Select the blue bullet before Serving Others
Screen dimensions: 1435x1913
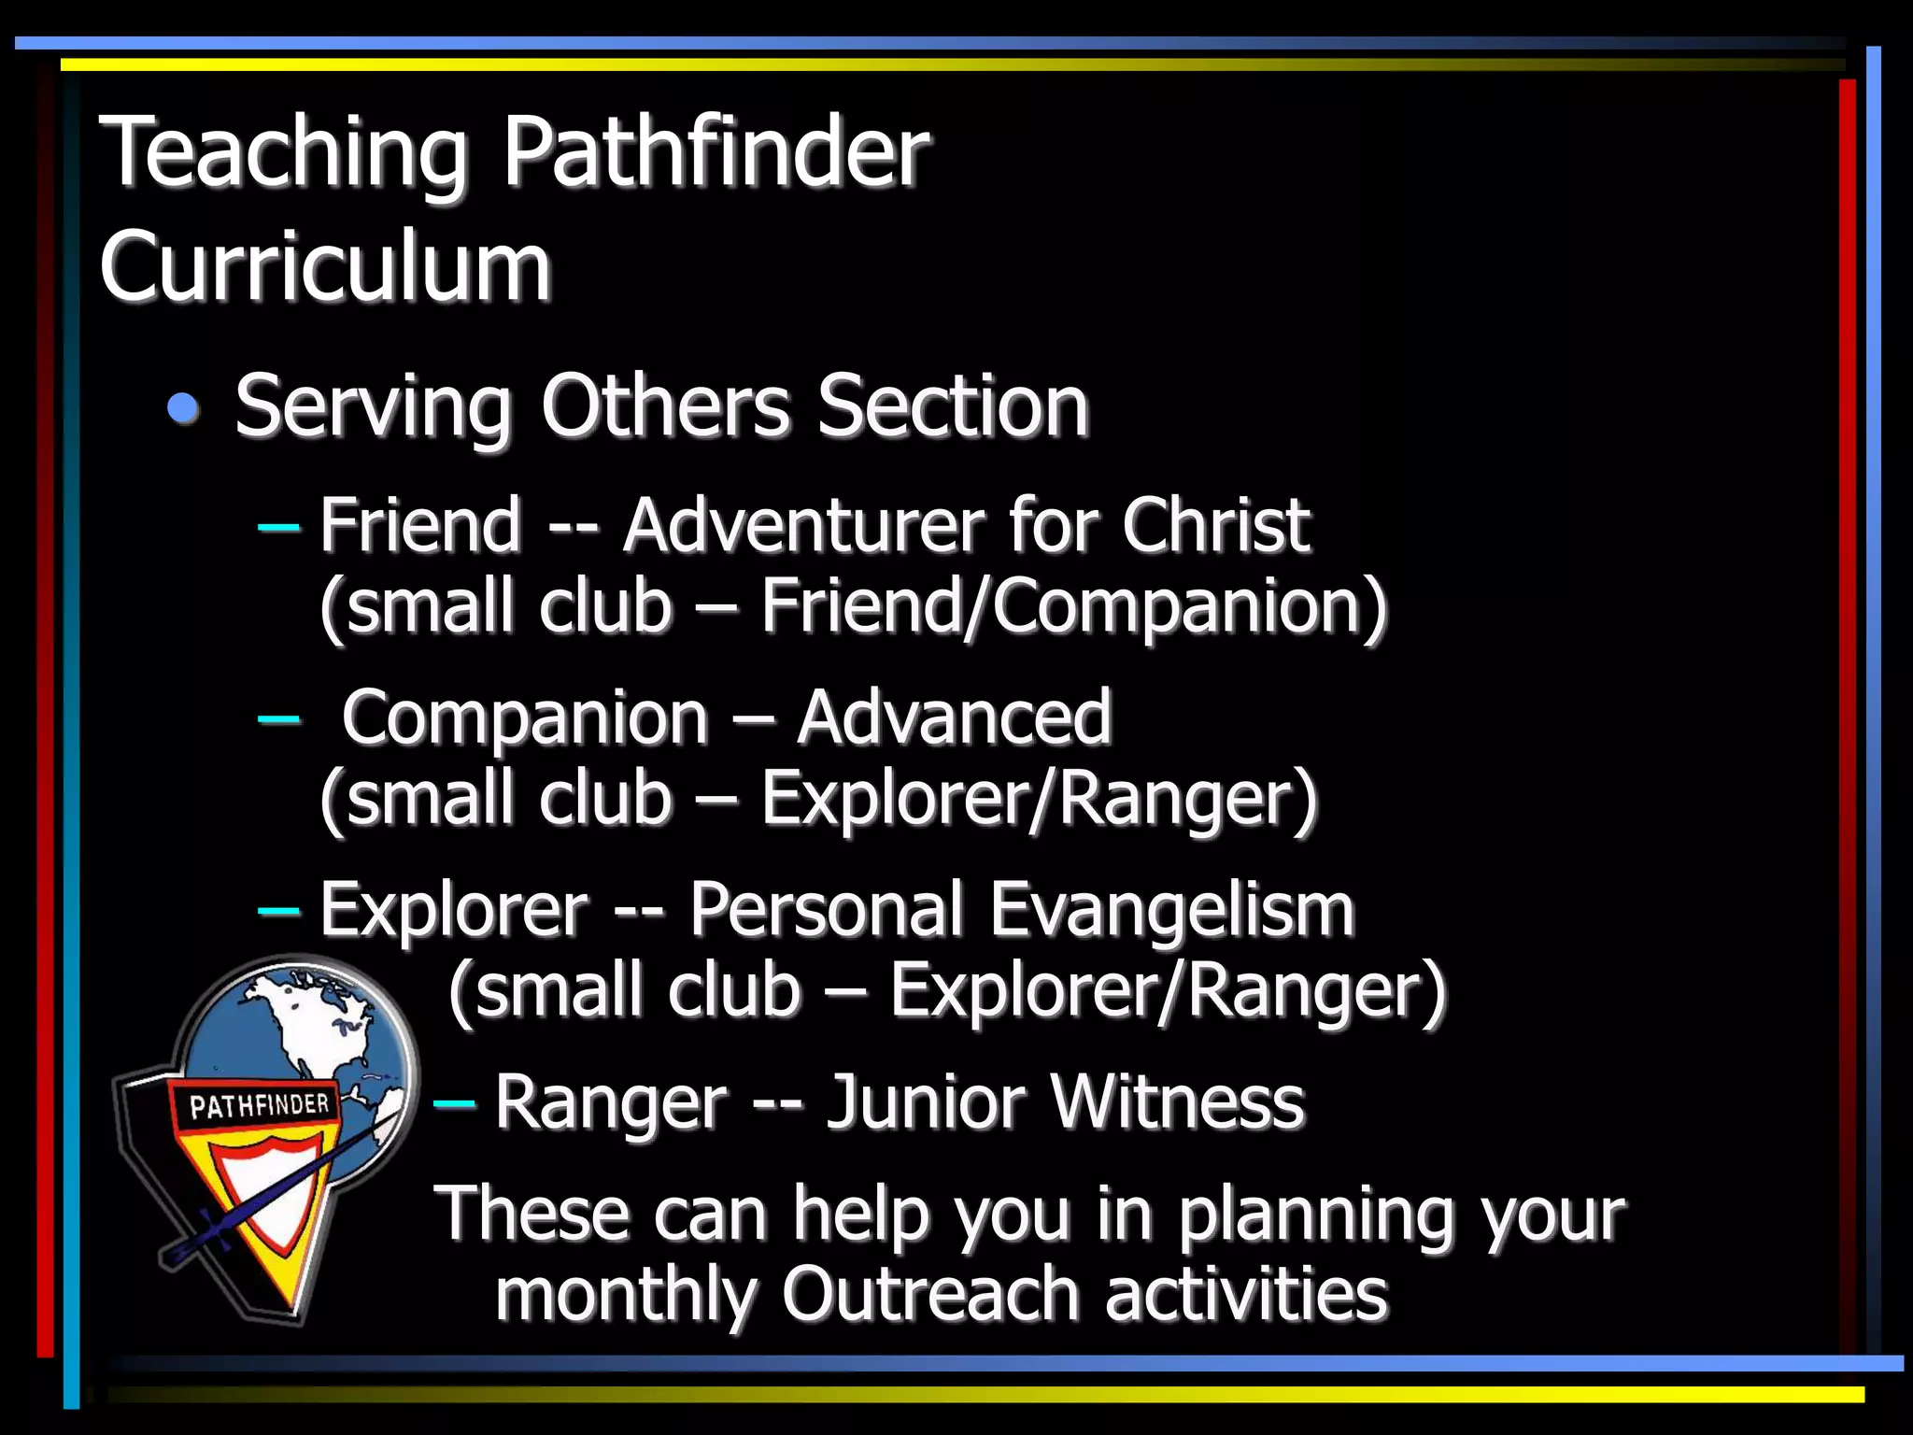(184, 408)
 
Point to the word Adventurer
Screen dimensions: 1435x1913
(802, 525)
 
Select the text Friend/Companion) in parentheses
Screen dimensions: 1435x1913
(1074, 607)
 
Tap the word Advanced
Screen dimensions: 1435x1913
(954, 717)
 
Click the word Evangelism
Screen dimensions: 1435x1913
(1171, 910)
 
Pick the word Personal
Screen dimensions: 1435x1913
(826, 910)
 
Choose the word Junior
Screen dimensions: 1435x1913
(927, 1102)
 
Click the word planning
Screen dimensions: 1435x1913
(1315, 1215)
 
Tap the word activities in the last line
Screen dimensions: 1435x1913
(1246, 1295)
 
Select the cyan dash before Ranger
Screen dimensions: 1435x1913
(454, 1104)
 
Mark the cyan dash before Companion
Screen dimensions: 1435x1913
(278, 718)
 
